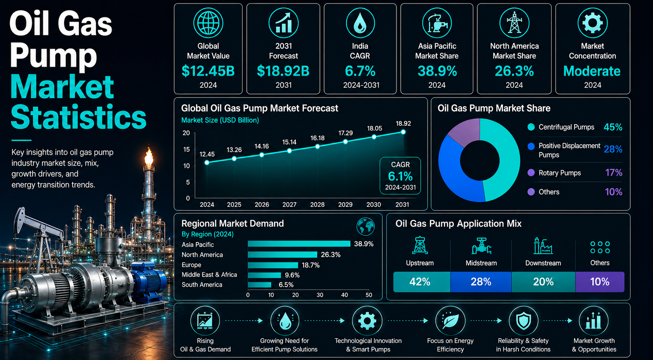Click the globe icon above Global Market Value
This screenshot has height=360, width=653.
click(208, 23)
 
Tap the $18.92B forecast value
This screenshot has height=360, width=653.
click(283, 71)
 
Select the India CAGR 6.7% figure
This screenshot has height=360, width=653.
click(360, 71)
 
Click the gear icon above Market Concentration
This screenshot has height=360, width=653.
click(592, 23)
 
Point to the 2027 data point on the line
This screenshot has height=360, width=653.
click(289, 151)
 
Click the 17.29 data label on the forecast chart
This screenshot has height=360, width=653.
click(346, 133)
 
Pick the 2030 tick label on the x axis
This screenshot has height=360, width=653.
click(374, 205)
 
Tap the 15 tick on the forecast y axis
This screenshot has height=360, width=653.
click(186, 149)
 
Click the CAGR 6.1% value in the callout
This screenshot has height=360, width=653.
click(400, 176)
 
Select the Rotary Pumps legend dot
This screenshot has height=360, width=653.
click(531, 172)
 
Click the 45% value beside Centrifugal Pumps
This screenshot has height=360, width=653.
click(613, 127)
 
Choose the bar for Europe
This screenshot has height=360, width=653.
click(273, 265)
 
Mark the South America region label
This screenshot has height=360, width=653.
click(202, 285)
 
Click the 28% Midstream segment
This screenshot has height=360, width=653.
click(481, 282)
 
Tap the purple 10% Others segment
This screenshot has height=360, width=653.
click(600, 282)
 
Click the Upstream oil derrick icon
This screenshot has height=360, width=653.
click(420, 245)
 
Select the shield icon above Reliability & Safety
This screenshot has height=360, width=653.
click(523, 321)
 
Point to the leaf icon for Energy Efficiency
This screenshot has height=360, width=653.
click(450, 321)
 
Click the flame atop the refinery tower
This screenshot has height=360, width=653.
click(149, 156)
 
